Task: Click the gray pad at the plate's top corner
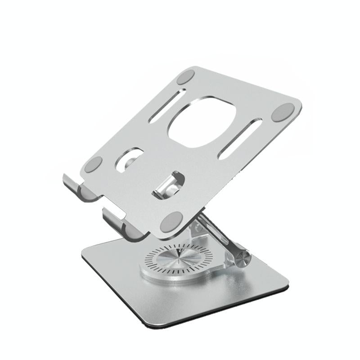click(185, 77)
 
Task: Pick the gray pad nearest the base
click(171, 221)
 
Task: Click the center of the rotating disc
click(176, 260)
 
